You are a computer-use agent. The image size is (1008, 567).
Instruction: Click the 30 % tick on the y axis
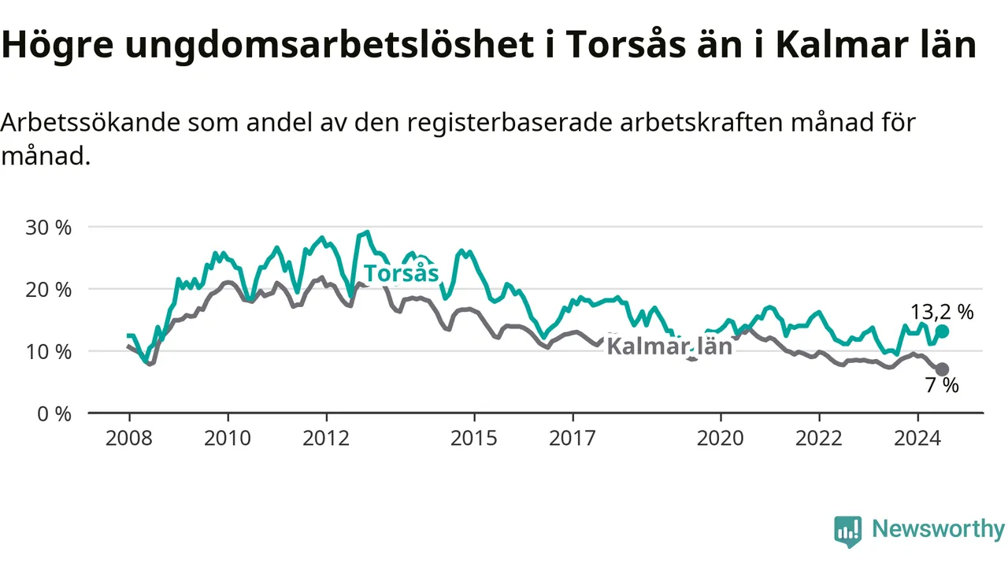click(x=48, y=228)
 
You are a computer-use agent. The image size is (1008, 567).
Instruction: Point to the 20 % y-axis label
click(x=48, y=290)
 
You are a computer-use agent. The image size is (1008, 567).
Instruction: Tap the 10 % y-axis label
click(x=48, y=352)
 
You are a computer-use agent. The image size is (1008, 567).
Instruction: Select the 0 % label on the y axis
click(x=54, y=414)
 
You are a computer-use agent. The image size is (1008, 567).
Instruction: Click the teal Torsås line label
click(x=401, y=273)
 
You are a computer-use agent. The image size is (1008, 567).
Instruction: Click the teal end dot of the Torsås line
click(x=942, y=332)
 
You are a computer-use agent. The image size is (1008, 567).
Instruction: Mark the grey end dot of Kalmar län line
click(x=942, y=369)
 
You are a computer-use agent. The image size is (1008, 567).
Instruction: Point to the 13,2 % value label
click(x=942, y=312)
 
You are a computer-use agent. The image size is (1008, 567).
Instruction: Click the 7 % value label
click(x=942, y=386)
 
